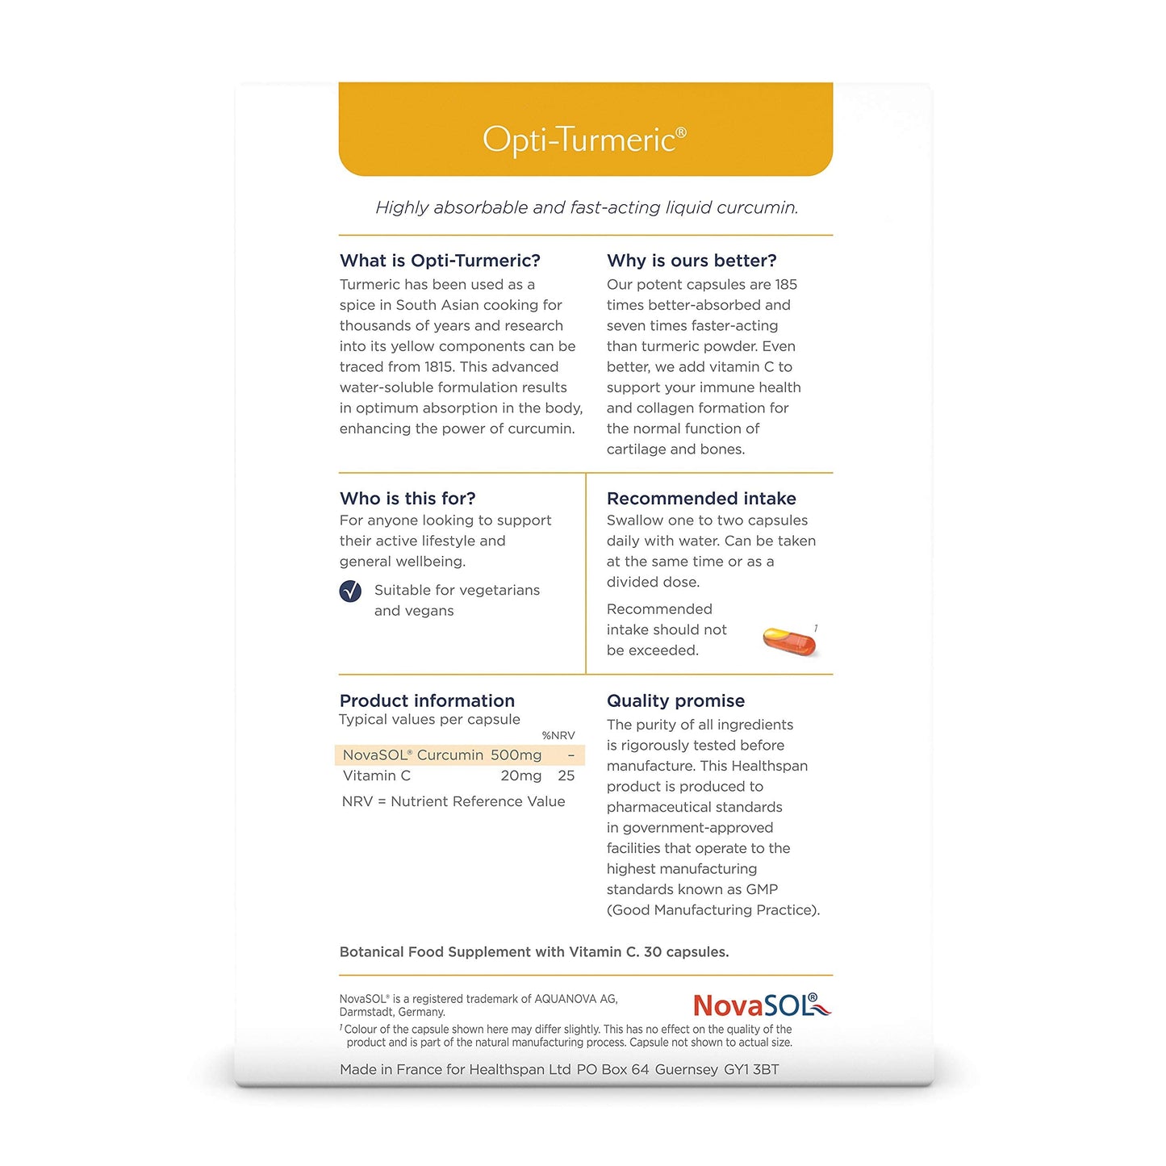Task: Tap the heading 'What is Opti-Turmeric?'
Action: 440,261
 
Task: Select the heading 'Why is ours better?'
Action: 692,261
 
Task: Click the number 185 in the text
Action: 786,285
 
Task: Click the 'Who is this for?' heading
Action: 407,499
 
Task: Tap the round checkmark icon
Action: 350,591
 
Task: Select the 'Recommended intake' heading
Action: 701,499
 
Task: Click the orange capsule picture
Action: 789,642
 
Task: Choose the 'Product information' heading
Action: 427,701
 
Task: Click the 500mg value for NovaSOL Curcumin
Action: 516,755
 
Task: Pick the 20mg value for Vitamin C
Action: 520,776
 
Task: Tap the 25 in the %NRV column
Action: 566,776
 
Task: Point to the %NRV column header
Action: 558,736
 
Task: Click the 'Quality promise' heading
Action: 675,701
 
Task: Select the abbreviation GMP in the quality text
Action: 762,890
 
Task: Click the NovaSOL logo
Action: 762,1005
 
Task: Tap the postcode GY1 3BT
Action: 751,1070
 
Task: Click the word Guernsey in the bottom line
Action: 686,1070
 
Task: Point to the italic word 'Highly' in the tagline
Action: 402,208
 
